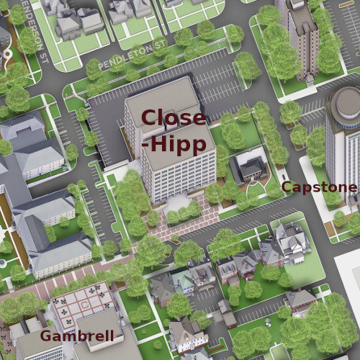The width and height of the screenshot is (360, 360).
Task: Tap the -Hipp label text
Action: (x=176, y=143)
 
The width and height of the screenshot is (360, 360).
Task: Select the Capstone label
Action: (x=318, y=188)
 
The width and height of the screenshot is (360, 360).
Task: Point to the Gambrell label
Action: (x=76, y=336)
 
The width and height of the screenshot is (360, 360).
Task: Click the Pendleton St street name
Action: (x=133, y=57)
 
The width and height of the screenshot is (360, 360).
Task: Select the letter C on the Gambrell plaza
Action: (x=86, y=305)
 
